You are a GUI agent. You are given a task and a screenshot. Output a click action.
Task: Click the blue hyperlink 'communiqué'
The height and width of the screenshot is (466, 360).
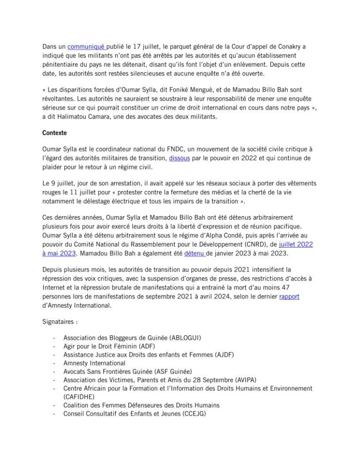point(86,47)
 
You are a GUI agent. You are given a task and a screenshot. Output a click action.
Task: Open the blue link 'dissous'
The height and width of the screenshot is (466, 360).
point(179,160)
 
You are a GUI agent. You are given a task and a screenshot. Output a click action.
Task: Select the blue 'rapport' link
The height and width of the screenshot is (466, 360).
point(289,297)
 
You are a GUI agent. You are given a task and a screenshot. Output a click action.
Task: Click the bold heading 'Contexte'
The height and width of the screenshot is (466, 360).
point(54,134)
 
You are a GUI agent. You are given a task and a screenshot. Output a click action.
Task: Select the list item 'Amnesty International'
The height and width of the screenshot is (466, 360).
point(94,363)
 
